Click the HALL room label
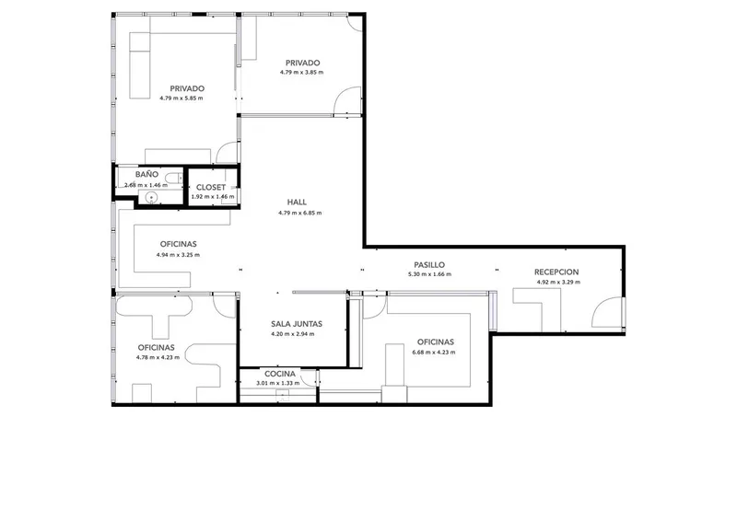coord(297,202)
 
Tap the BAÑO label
coord(146,174)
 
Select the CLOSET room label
coord(211,188)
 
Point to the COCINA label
coord(280,374)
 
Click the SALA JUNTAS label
coord(297,324)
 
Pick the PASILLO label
coord(429,265)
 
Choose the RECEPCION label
coord(556,272)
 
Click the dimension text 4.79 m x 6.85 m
coord(300,213)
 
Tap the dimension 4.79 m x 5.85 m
coord(181,98)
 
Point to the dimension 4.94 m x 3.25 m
coord(178,255)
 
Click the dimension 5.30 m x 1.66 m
coord(429,274)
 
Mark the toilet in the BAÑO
coord(175,178)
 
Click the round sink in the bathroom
coord(151,197)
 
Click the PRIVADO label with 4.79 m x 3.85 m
coord(303,63)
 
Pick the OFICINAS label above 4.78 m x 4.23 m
coord(156,348)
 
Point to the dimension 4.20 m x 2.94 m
coord(293,334)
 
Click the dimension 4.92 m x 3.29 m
coord(558,283)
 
